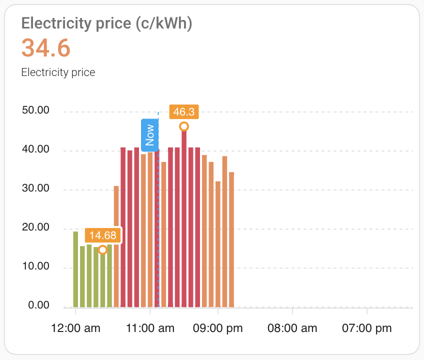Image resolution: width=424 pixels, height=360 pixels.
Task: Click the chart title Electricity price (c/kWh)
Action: (x=106, y=24)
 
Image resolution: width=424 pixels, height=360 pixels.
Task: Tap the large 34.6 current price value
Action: (x=46, y=48)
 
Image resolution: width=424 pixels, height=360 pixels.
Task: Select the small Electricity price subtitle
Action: (x=58, y=72)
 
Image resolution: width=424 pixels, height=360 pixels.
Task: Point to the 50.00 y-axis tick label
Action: (x=35, y=110)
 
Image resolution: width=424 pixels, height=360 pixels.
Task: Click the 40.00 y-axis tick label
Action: (x=35, y=149)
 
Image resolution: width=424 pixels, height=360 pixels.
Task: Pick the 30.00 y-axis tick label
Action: (x=35, y=188)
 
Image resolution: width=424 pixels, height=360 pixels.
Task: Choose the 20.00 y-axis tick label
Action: (x=35, y=227)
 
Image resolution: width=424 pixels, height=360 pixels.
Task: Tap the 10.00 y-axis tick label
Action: (x=35, y=266)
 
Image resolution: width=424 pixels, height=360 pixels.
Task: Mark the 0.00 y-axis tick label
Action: (x=38, y=305)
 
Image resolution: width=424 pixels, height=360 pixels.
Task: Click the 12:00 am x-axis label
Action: (x=76, y=328)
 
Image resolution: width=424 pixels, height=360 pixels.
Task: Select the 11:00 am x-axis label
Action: (x=150, y=328)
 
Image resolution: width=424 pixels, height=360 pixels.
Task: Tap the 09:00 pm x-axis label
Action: (x=218, y=328)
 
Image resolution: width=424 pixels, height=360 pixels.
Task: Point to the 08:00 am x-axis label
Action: (x=292, y=328)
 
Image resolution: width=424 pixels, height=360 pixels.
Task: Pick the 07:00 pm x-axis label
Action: (x=367, y=328)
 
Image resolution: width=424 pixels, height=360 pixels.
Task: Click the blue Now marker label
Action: (x=149, y=134)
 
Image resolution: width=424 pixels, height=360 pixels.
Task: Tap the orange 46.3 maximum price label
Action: (x=184, y=111)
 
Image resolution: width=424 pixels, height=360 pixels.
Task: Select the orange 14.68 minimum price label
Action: (x=103, y=235)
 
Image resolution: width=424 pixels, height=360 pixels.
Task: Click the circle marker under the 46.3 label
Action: (x=184, y=126)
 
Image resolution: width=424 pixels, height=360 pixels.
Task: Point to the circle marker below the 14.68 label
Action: (x=102, y=249)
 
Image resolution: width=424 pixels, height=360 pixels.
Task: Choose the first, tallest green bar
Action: (x=76, y=269)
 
